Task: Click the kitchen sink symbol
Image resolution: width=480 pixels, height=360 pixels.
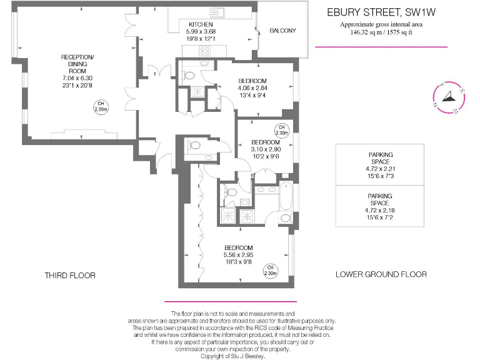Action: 218,12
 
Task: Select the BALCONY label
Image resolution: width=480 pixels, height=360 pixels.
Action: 282,31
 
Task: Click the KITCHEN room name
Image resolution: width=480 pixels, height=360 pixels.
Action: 202,24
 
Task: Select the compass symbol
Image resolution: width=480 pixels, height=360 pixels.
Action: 449,98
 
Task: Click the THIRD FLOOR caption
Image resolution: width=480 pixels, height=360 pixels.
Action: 70,275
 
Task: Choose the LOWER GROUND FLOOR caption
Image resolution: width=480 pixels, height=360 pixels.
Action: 381,274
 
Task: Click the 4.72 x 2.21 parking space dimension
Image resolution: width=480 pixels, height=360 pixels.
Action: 379,167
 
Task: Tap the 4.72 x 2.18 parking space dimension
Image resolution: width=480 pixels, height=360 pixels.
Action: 379,210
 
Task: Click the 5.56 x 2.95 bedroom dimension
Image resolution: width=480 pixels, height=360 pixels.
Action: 238,255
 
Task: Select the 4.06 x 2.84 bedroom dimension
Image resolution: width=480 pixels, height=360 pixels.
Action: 252,88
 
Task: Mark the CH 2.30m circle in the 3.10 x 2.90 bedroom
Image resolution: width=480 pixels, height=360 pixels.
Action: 282,130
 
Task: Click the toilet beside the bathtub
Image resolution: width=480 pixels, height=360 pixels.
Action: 286,218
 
